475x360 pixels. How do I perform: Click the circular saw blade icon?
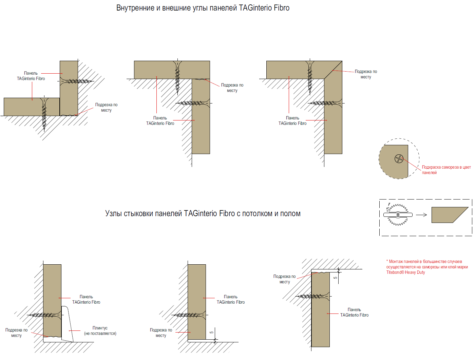pos(398,214)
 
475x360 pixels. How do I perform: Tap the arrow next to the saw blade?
pos(421,215)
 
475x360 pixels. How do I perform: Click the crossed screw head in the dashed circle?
pos(399,158)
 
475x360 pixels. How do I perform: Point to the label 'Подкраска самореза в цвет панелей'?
pos(446,170)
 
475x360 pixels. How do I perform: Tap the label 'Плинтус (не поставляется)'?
pos(100,331)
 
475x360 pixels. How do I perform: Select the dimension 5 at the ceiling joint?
pos(336,278)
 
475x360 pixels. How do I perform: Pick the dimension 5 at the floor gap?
pos(212,333)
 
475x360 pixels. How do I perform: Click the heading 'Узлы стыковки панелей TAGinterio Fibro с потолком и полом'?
pos(203,213)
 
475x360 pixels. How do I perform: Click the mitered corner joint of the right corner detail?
pos(333,70)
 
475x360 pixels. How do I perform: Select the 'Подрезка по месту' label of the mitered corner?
pos(366,74)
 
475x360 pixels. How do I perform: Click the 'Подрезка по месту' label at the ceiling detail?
pos(284,279)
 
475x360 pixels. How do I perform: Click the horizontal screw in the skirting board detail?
pos(42,315)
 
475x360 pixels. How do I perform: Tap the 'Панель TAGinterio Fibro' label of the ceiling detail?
pos(354,312)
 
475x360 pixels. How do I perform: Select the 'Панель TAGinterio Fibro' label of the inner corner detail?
pos(31,76)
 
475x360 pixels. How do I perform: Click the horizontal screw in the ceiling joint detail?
pos(310,296)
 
